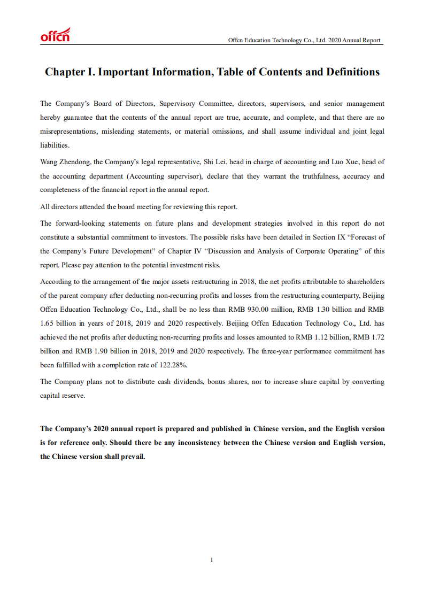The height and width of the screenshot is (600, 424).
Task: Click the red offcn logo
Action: [x=55, y=35]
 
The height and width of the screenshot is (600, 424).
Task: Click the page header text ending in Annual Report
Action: [x=304, y=40]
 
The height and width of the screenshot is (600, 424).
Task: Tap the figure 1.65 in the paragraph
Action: [x=47, y=323]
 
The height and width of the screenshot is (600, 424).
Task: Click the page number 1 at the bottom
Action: [x=212, y=560]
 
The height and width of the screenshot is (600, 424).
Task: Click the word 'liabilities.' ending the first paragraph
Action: [x=55, y=145]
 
